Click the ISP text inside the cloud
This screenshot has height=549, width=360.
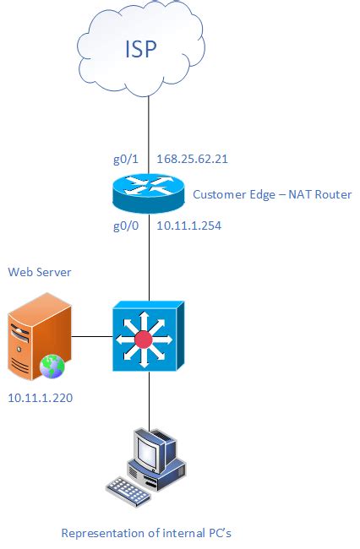pos(141,48)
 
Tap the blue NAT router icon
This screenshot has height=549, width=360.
pos(149,192)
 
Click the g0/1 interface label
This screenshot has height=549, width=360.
pos(125,158)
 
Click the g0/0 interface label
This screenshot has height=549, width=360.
pos(125,226)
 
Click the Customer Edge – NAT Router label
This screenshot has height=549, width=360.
pos(272,194)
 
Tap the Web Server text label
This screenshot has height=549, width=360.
pos(40,272)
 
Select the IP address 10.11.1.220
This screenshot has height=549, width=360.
pos(40,396)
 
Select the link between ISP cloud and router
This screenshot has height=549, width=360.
pos(149,127)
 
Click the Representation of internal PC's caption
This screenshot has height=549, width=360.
pos(146,534)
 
